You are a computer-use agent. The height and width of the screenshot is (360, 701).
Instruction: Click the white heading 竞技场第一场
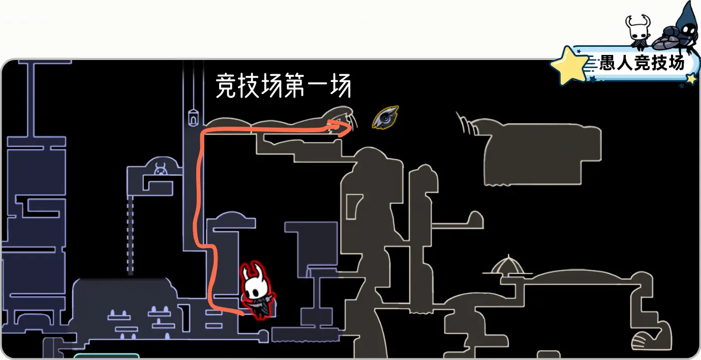point(283,86)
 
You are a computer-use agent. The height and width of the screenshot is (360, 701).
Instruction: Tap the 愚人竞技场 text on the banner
point(642,63)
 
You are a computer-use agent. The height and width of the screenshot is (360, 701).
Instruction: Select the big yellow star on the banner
point(569,65)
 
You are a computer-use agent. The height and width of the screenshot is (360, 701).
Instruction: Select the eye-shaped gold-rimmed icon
point(385,117)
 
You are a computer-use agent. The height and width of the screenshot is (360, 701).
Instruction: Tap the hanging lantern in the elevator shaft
point(193,117)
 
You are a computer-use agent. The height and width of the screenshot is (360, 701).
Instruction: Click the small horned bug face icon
point(160,169)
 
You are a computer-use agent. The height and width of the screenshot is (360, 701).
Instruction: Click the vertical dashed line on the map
point(130,236)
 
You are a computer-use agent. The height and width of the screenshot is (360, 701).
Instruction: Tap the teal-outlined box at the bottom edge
point(106,356)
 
